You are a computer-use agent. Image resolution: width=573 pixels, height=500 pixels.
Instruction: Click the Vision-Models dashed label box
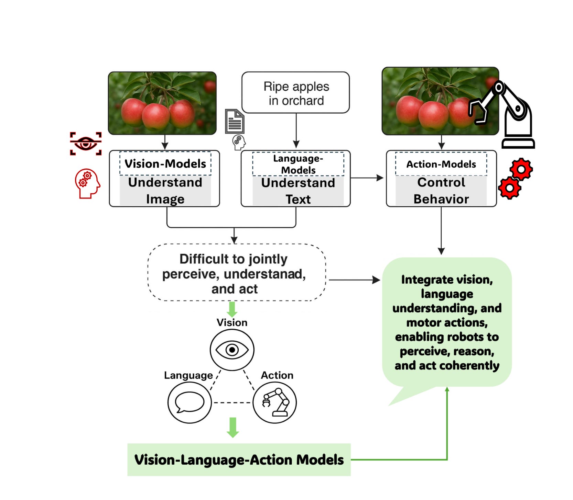165,163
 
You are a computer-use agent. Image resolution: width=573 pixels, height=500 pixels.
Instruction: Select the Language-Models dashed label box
298,164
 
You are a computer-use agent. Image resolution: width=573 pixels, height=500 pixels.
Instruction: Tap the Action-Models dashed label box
441,164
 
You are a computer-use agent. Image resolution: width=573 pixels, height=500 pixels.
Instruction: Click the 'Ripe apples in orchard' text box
296,93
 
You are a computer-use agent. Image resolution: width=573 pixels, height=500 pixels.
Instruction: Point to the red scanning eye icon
86,144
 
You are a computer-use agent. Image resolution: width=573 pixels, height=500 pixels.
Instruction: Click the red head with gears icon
87,183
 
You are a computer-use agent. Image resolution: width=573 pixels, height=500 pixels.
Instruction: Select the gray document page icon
235,121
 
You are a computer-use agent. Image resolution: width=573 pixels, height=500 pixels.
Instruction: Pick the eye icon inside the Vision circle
232,350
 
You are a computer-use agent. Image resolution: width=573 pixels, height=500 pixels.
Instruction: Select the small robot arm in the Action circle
275,402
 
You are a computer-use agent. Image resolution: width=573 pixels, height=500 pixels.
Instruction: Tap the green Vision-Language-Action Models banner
239,460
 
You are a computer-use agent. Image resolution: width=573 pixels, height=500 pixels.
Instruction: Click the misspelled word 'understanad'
264,274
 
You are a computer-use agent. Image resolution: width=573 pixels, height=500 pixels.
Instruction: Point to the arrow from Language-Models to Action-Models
367,178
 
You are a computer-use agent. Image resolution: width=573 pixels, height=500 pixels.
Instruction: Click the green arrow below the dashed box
232,309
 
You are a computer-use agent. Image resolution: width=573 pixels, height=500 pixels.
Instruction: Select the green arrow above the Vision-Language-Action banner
233,427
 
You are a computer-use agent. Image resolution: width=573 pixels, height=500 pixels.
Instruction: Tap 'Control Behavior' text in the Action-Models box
441,191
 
